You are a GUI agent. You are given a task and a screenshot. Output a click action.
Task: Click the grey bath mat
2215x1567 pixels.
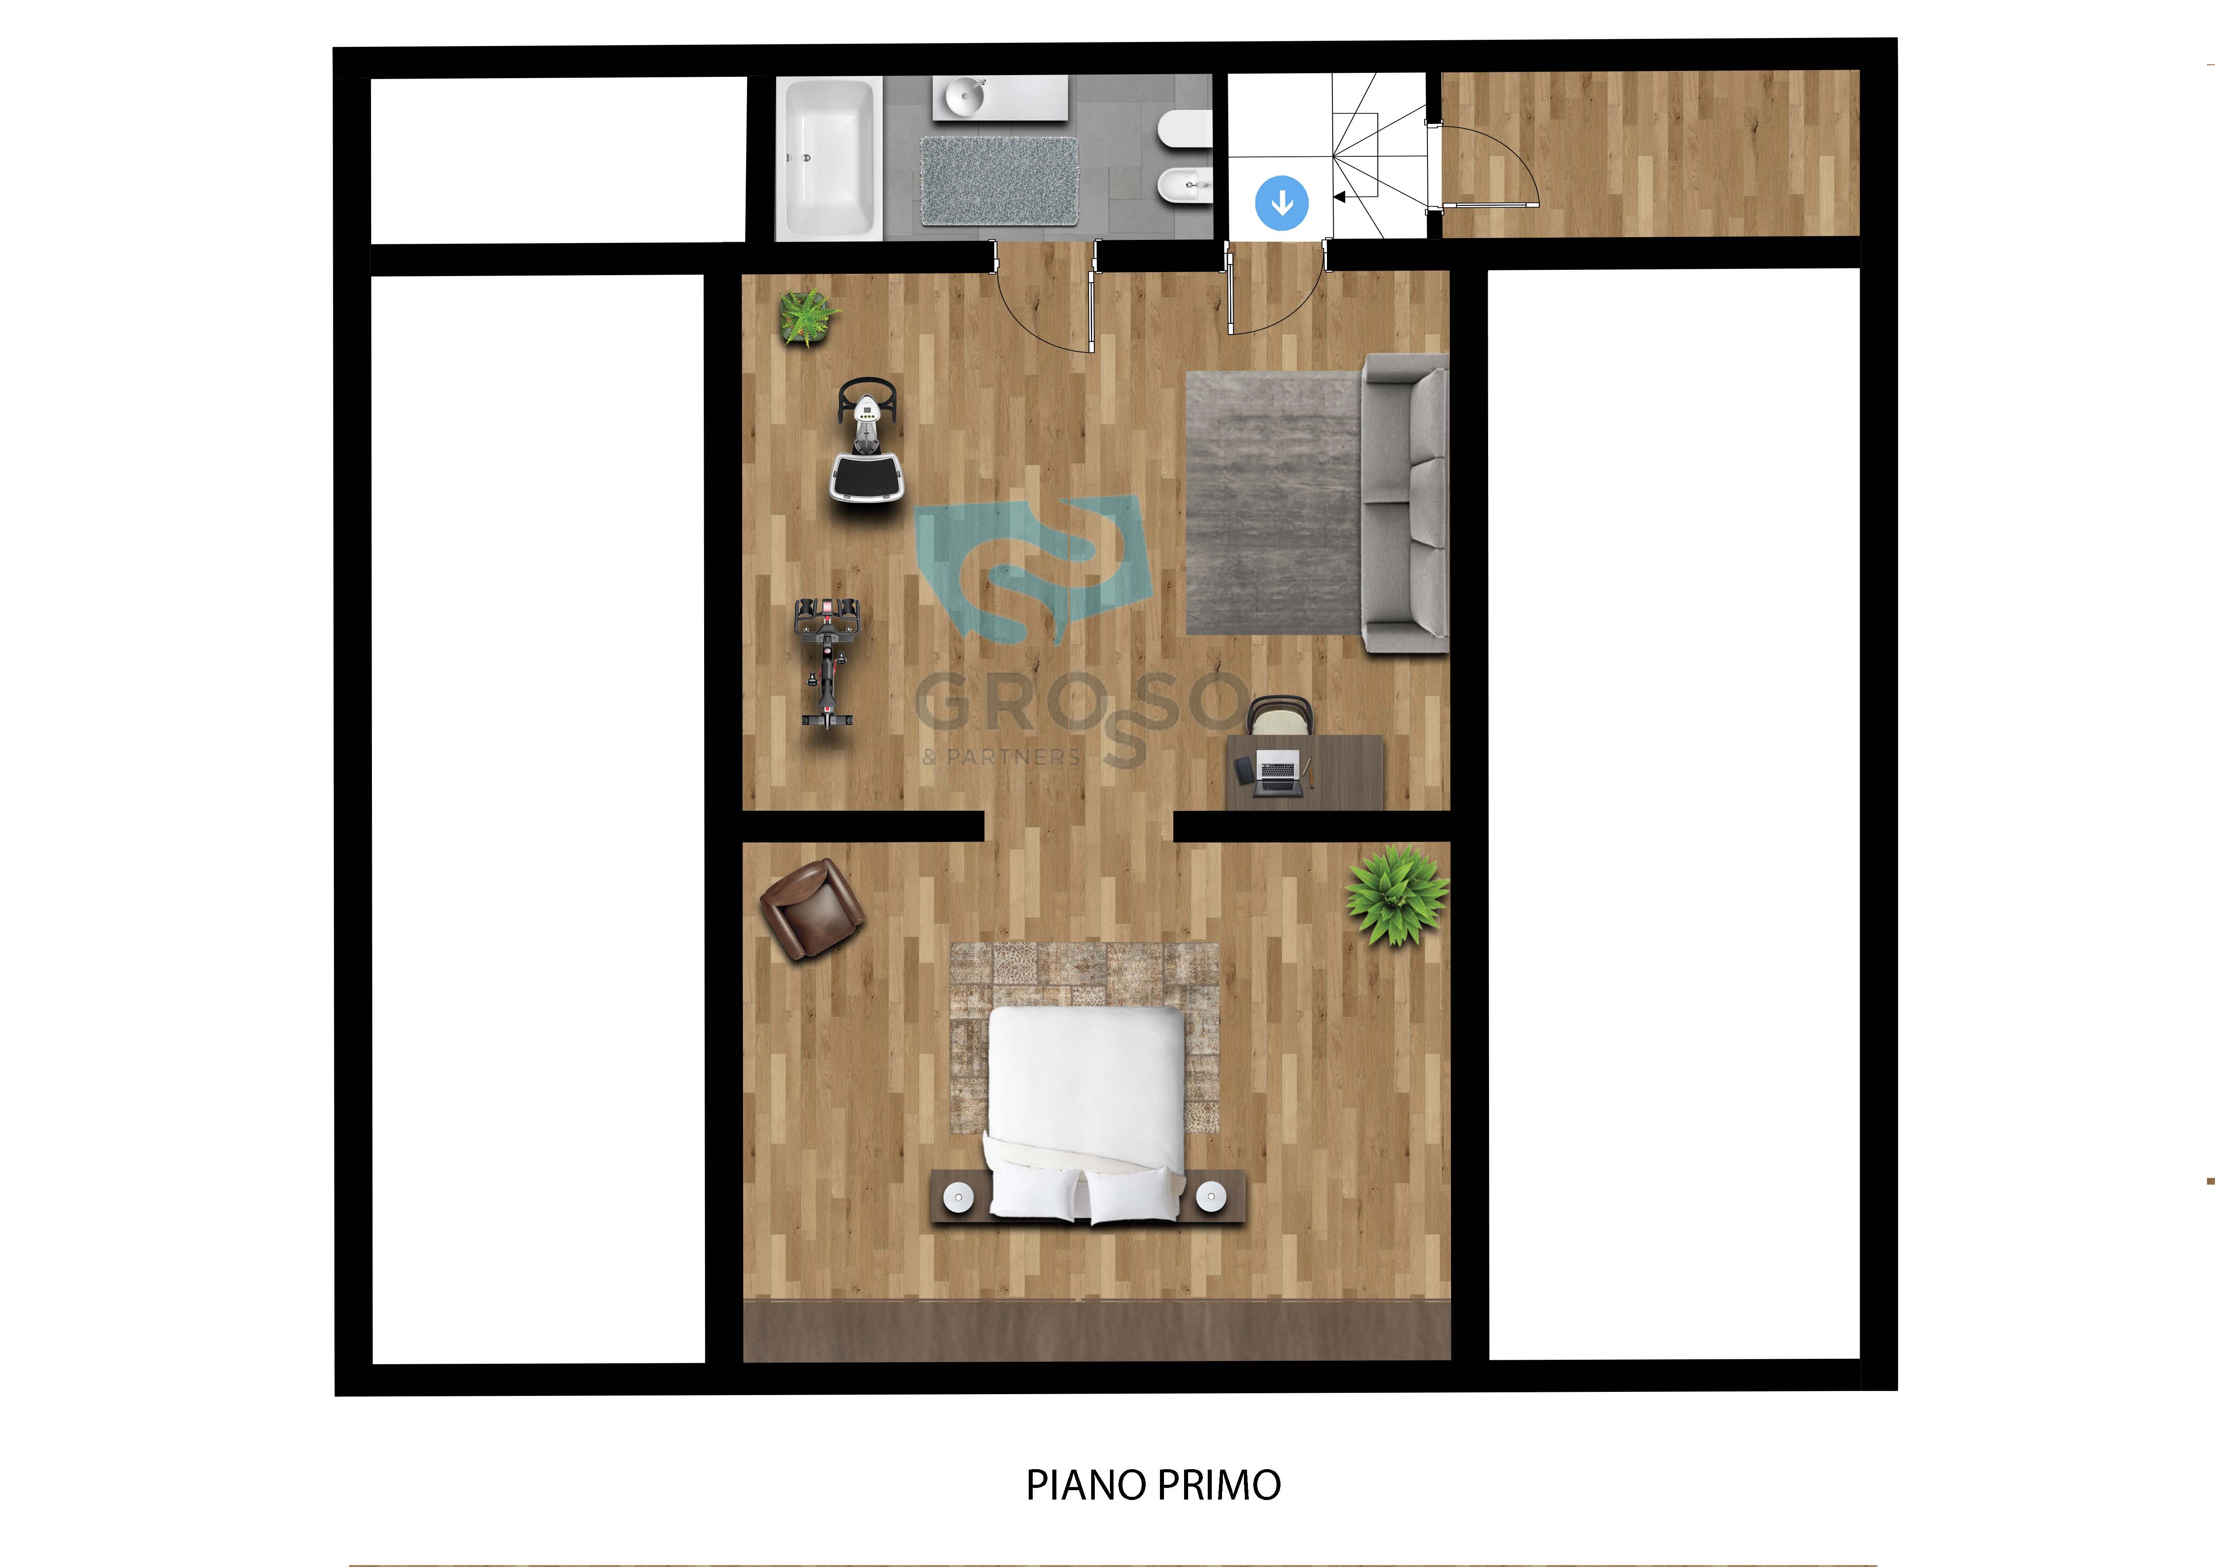998,181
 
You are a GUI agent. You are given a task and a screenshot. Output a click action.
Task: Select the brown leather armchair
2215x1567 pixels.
812,909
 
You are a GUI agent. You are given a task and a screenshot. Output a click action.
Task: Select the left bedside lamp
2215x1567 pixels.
959,1198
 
